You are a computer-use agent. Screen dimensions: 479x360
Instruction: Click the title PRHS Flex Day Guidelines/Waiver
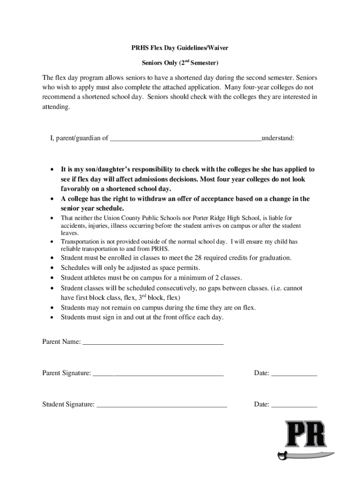[x=180, y=48]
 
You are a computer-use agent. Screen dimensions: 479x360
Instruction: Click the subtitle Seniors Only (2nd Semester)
[x=180, y=63]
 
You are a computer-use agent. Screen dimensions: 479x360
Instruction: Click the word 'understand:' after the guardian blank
[x=278, y=138]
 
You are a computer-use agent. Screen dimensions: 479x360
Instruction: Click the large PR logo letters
[x=306, y=435]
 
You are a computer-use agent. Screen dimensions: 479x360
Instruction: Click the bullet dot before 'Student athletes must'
[x=51, y=278]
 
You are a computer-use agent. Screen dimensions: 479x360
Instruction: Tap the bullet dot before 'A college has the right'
[x=51, y=199]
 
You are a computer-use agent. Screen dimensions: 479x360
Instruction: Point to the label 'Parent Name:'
[x=61, y=342]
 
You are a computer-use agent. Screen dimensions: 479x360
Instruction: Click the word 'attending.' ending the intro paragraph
[x=56, y=107]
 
